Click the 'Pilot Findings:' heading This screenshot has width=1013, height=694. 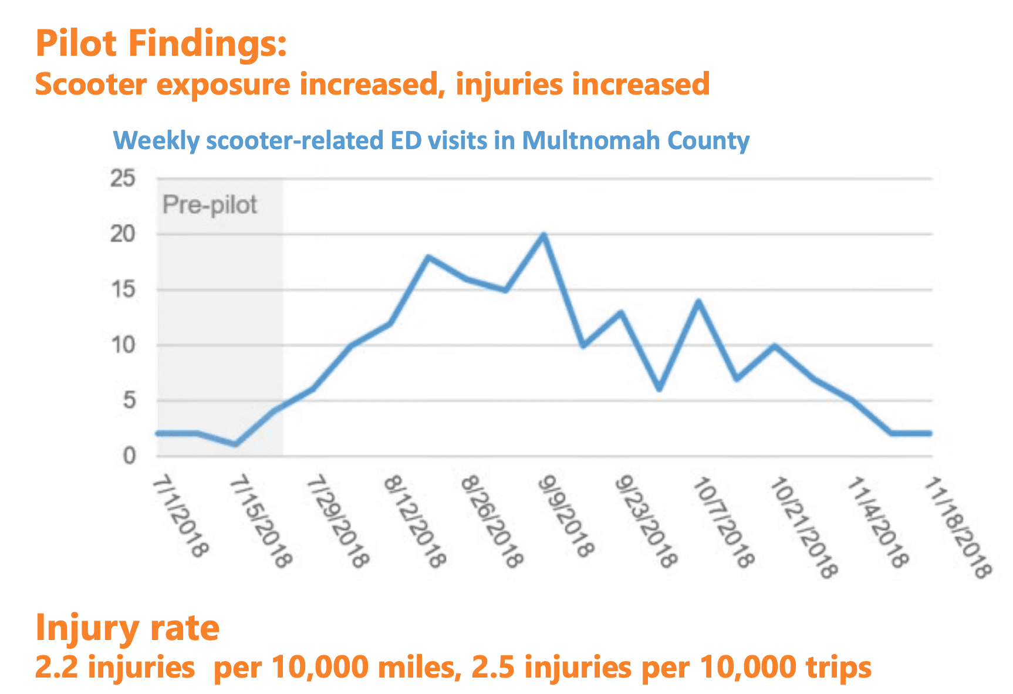click(x=161, y=43)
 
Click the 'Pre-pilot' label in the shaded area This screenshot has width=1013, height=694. click(x=210, y=205)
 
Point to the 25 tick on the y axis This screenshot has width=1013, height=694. click(x=123, y=178)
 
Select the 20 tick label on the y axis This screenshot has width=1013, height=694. click(x=123, y=234)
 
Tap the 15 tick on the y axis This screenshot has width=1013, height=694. click(x=123, y=289)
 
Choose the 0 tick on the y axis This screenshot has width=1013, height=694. click(x=129, y=456)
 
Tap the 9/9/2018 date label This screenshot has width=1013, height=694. click(x=564, y=517)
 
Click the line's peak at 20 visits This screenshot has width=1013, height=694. click(x=543, y=235)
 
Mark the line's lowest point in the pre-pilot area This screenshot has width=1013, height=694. click(x=235, y=444)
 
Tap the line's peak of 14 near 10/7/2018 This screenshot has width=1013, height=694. click(x=698, y=301)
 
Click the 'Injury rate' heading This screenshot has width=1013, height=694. click(x=127, y=628)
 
